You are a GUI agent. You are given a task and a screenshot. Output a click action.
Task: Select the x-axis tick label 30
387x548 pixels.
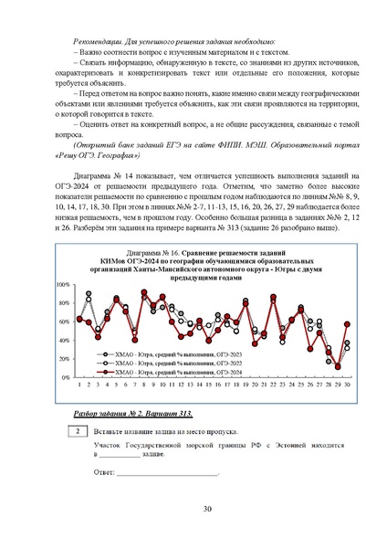[347, 385]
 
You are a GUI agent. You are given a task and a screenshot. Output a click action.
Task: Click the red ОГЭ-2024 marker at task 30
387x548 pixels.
[347, 323]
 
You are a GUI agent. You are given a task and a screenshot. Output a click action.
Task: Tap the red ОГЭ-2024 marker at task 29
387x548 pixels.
[337, 366]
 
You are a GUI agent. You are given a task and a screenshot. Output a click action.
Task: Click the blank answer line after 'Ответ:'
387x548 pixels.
[168, 473]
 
